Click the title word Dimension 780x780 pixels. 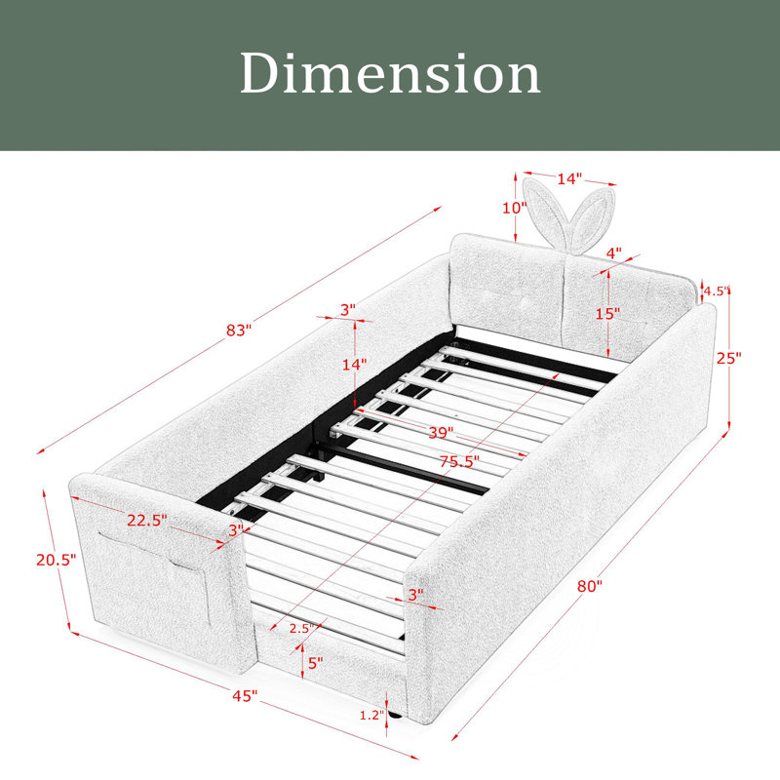click(391, 74)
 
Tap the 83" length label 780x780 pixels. click(239, 330)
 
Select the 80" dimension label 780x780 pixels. click(590, 586)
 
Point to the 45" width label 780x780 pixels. click(246, 695)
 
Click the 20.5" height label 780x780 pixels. click(56, 560)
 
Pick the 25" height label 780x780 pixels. click(728, 357)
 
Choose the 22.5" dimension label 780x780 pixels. click(147, 520)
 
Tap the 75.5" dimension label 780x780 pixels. click(459, 461)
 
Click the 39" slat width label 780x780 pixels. click(442, 432)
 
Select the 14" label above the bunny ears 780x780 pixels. click(569, 178)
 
